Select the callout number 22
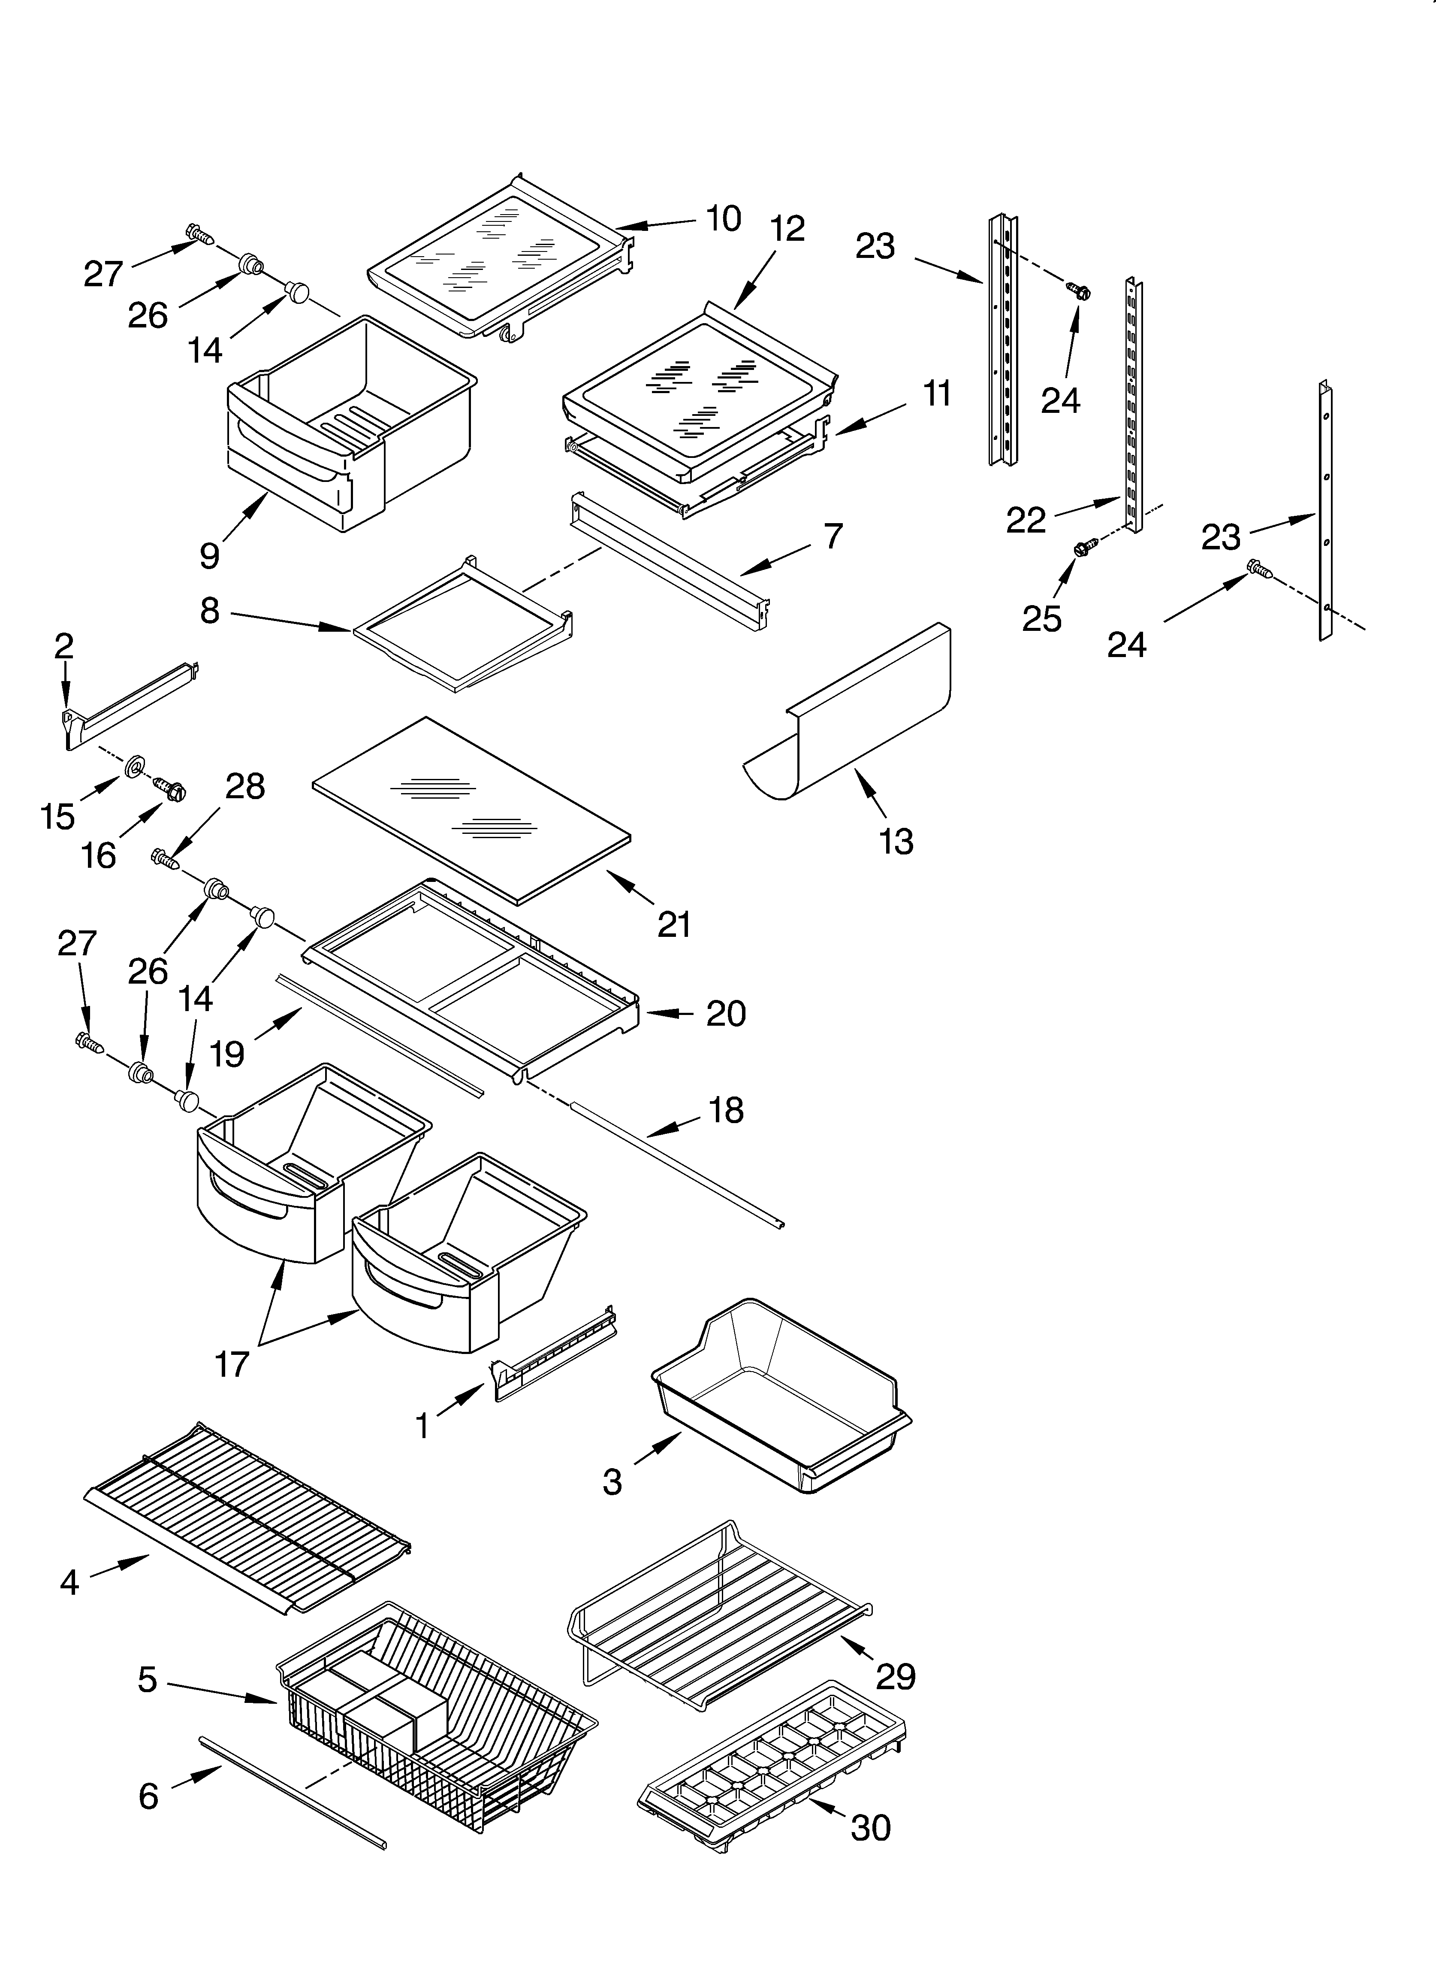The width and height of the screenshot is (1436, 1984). click(1026, 521)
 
